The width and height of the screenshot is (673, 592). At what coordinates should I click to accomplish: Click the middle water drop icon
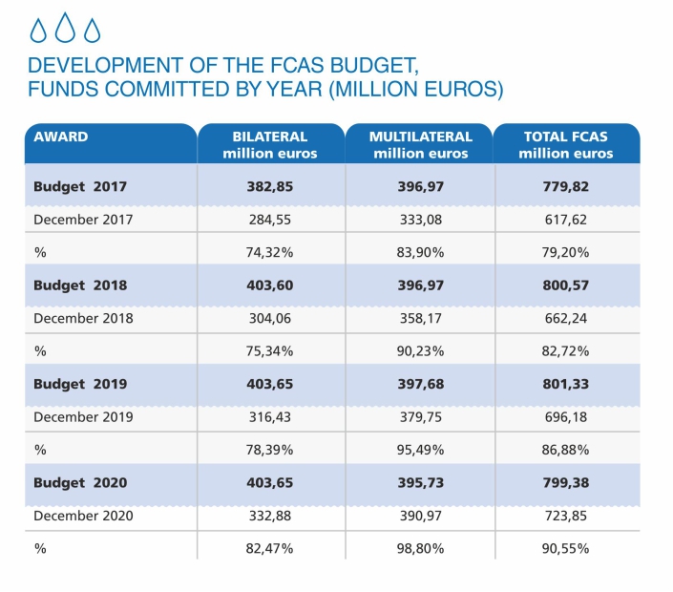click(x=65, y=29)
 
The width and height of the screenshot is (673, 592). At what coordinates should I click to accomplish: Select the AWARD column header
click(x=60, y=137)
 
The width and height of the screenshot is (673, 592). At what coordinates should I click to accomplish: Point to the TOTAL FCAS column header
click(x=566, y=144)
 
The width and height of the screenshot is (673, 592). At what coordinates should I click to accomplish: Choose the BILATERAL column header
click(x=270, y=144)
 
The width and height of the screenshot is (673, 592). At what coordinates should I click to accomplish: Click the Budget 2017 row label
click(x=80, y=186)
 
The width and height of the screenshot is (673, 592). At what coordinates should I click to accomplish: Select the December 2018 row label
click(x=83, y=318)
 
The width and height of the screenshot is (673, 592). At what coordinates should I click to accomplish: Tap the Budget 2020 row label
click(x=80, y=482)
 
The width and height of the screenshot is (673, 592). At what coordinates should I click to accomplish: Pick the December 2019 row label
click(x=83, y=416)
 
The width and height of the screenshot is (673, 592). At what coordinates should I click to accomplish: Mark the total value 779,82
click(x=567, y=186)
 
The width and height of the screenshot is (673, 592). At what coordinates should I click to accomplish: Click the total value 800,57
click(x=567, y=285)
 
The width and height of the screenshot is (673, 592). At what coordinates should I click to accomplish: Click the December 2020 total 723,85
click(x=567, y=516)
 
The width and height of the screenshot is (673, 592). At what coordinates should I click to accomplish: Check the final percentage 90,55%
click(x=567, y=548)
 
